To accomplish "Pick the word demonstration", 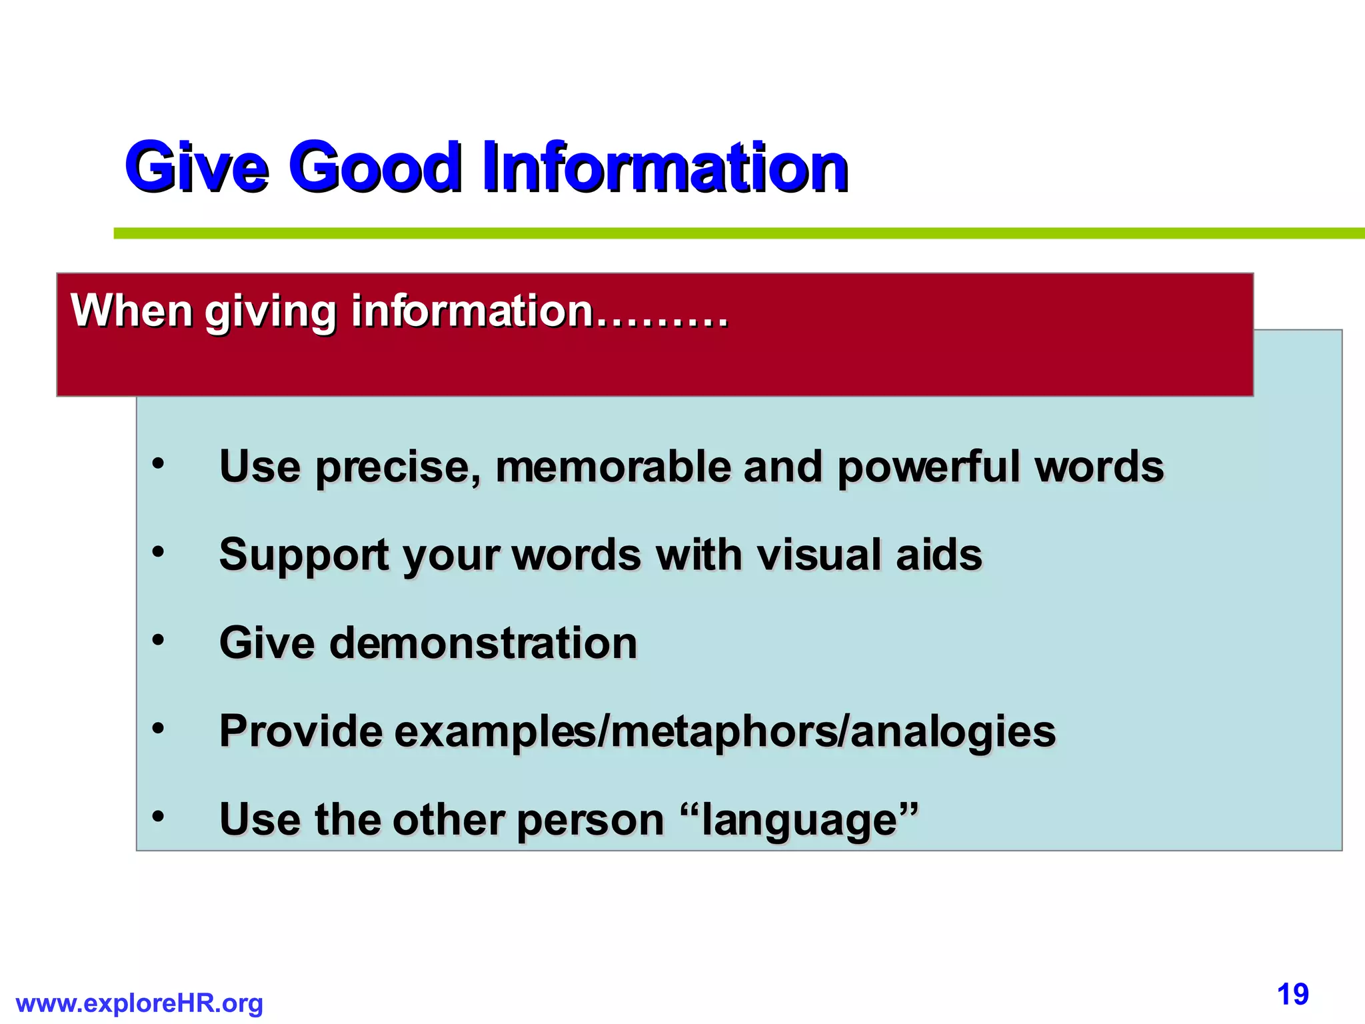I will [x=483, y=643].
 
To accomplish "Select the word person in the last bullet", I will [x=590, y=821].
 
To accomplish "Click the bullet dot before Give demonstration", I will [x=158, y=640].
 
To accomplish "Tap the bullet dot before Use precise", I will [x=158, y=463].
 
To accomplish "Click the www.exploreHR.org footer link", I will [x=139, y=1003].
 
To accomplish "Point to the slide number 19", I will [x=1292, y=995].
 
